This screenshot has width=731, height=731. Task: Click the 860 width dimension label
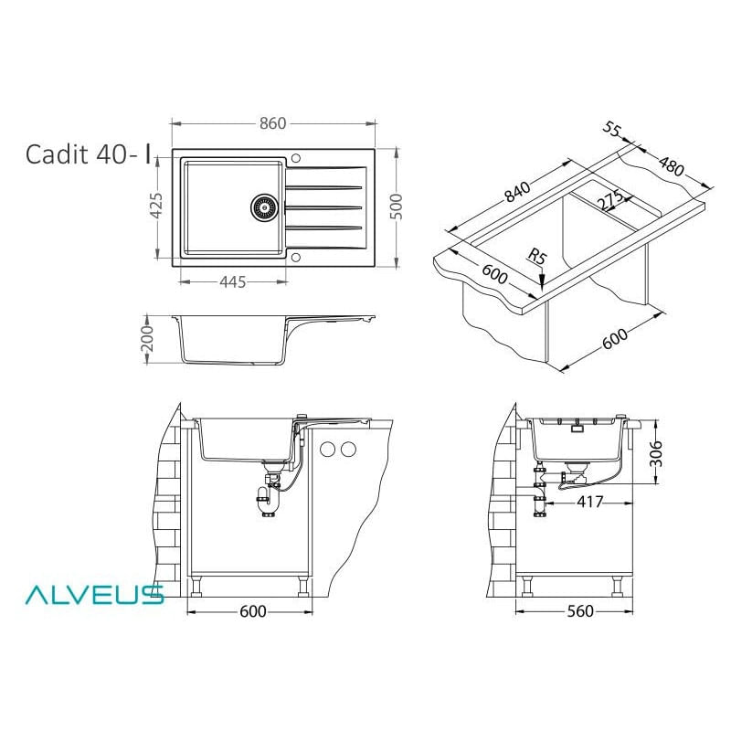tap(272, 123)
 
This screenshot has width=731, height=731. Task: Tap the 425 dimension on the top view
tap(156, 206)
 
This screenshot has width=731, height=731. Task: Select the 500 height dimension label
tap(396, 207)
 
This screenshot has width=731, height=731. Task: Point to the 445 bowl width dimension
tap(233, 282)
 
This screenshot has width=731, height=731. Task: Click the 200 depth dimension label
tap(147, 339)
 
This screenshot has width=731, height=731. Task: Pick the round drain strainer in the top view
tap(265, 207)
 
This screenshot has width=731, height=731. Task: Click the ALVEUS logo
tap(95, 595)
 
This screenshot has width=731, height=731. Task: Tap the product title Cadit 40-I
tap(89, 154)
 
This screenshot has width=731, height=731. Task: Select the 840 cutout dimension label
tap(517, 191)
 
